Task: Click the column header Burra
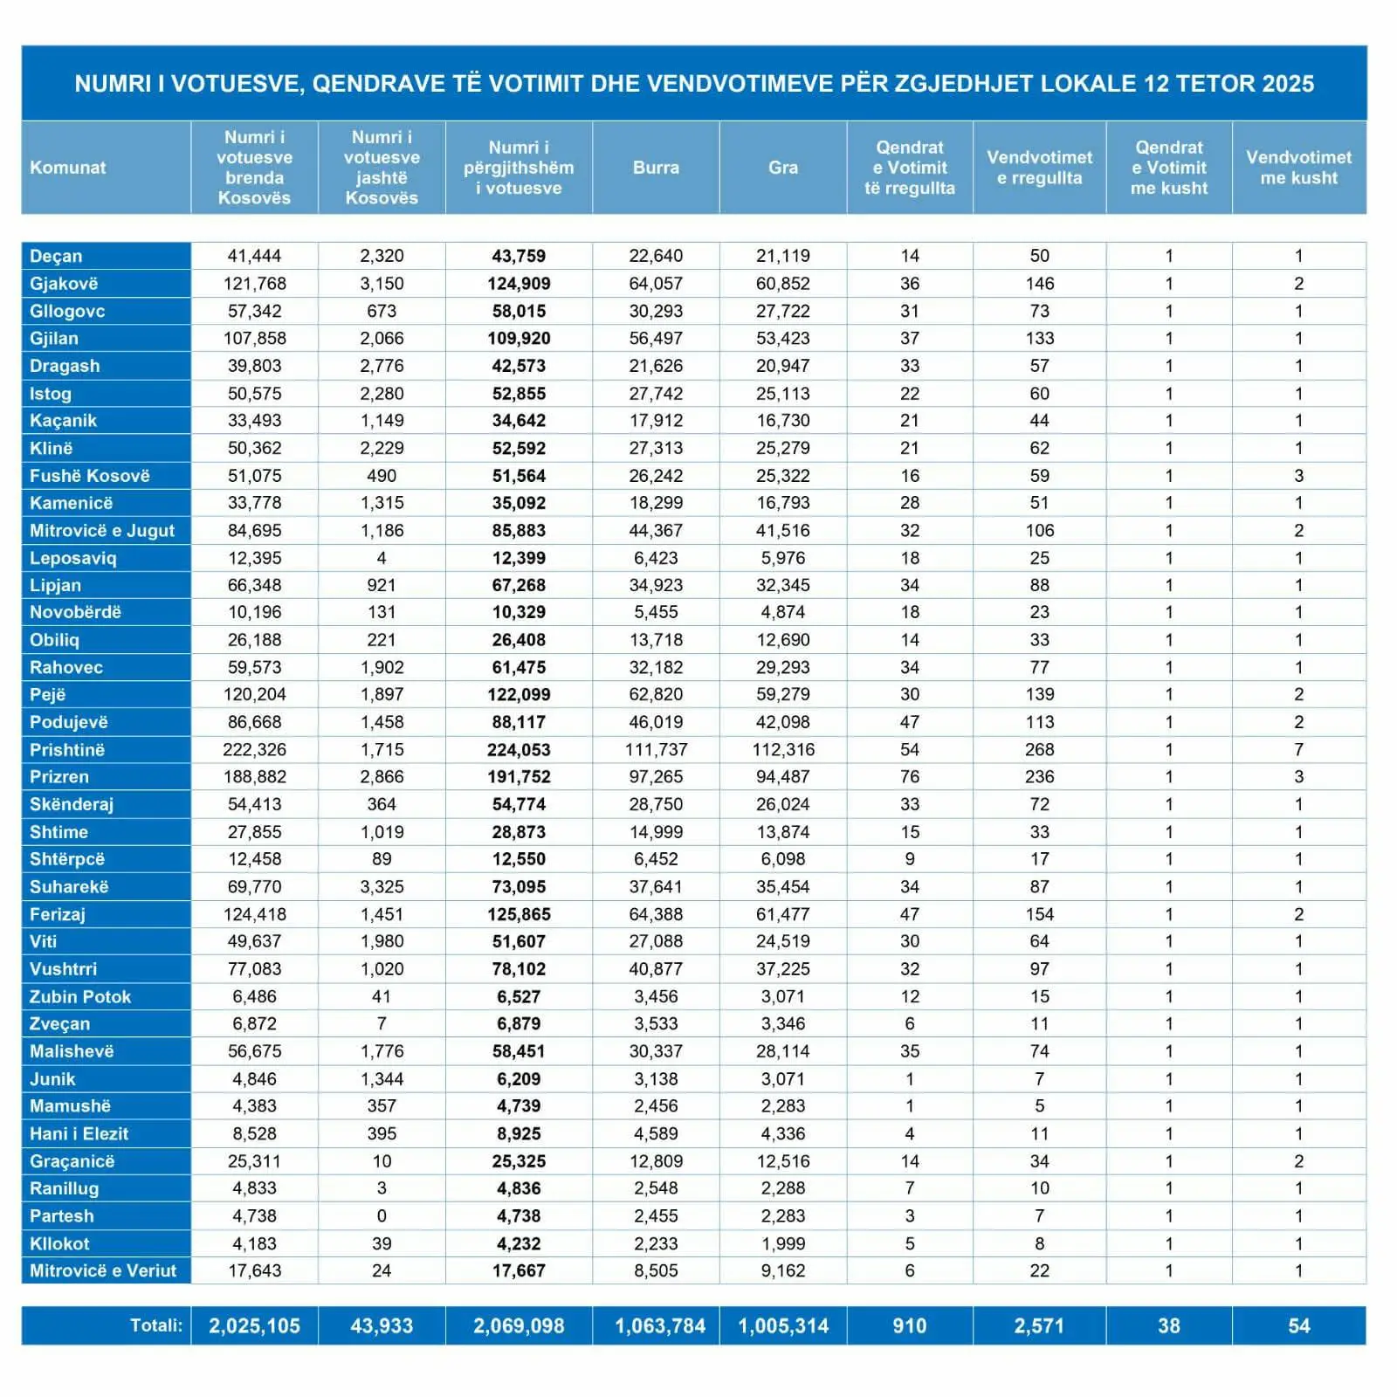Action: pos(656,168)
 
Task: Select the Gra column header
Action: pos(783,168)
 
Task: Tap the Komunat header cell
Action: pos(68,168)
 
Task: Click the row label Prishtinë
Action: pos(67,750)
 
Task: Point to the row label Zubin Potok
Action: pos(80,996)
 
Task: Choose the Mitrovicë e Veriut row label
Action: pos(103,1270)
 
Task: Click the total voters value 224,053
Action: pos(519,750)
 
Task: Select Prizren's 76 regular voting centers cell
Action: pos(910,777)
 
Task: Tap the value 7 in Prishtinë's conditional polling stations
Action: pos(1298,750)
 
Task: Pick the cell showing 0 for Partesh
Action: pos(382,1216)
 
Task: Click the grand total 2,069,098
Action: pos(519,1326)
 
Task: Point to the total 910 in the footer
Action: pos(910,1326)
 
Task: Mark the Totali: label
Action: pos(156,1325)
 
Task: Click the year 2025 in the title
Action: pos(1288,84)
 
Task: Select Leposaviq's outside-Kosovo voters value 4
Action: pos(382,558)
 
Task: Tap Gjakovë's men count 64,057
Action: pos(656,284)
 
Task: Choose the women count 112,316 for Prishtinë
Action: pos(783,750)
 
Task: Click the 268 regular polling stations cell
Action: pos(1039,750)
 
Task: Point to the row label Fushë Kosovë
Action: pos(90,476)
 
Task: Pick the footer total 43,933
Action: pos(382,1326)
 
